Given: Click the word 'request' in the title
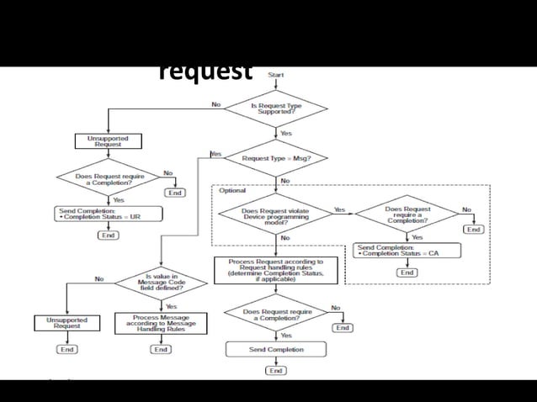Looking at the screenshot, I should [205, 71].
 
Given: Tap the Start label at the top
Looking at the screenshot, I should [275, 75].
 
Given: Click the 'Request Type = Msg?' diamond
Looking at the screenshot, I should [275, 158].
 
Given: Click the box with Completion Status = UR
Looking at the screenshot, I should [109, 214].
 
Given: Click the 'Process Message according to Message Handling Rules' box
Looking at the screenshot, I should [160, 324].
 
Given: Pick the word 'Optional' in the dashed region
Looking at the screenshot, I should [232, 191].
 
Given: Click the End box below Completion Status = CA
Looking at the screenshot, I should [407, 272].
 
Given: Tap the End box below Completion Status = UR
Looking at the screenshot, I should [109, 235].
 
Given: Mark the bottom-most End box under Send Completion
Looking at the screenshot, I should [275, 370].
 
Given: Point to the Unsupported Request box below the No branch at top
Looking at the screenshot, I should [109, 140].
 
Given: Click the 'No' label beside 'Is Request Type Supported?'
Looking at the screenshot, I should [216, 105].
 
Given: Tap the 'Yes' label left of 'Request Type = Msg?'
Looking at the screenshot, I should [216, 155].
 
